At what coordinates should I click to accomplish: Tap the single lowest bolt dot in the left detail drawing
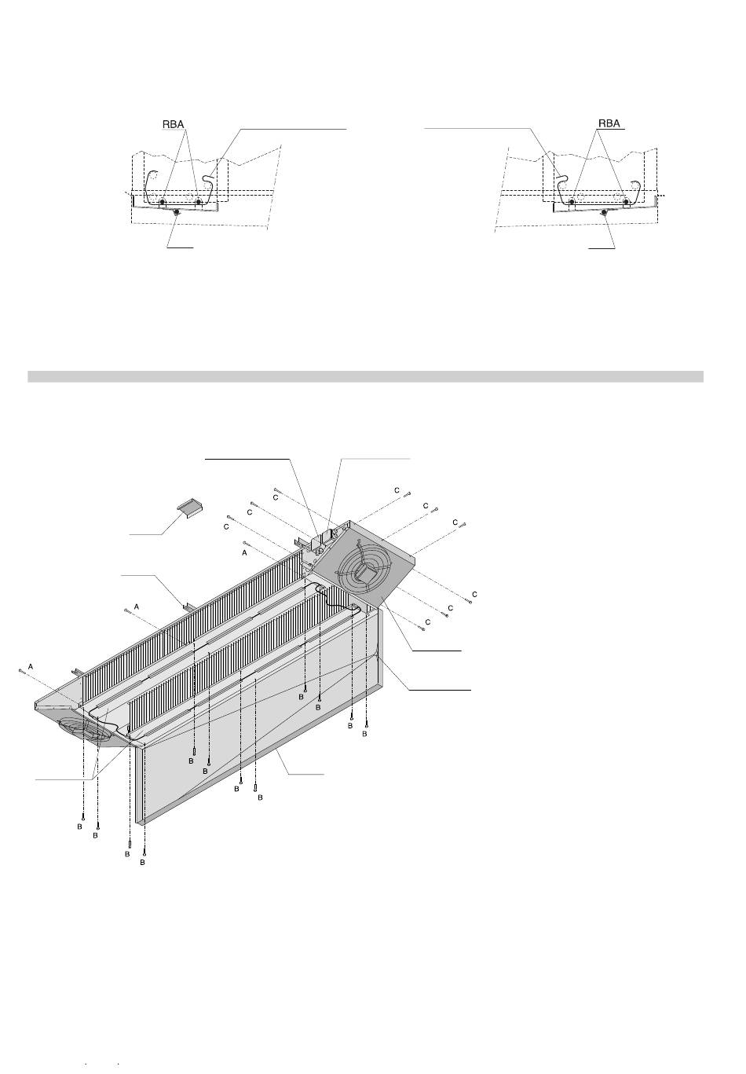click(177, 212)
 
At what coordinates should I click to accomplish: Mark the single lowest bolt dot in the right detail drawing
click(604, 212)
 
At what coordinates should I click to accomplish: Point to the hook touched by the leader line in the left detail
click(207, 182)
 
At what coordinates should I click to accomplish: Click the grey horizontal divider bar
click(365, 376)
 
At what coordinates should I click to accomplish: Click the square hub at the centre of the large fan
click(364, 572)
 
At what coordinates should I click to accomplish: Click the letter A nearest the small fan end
click(30, 666)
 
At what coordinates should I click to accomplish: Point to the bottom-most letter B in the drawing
click(142, 863)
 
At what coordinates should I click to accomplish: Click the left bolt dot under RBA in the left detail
click(162, 203)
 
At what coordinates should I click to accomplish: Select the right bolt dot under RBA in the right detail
click(626, 203)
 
